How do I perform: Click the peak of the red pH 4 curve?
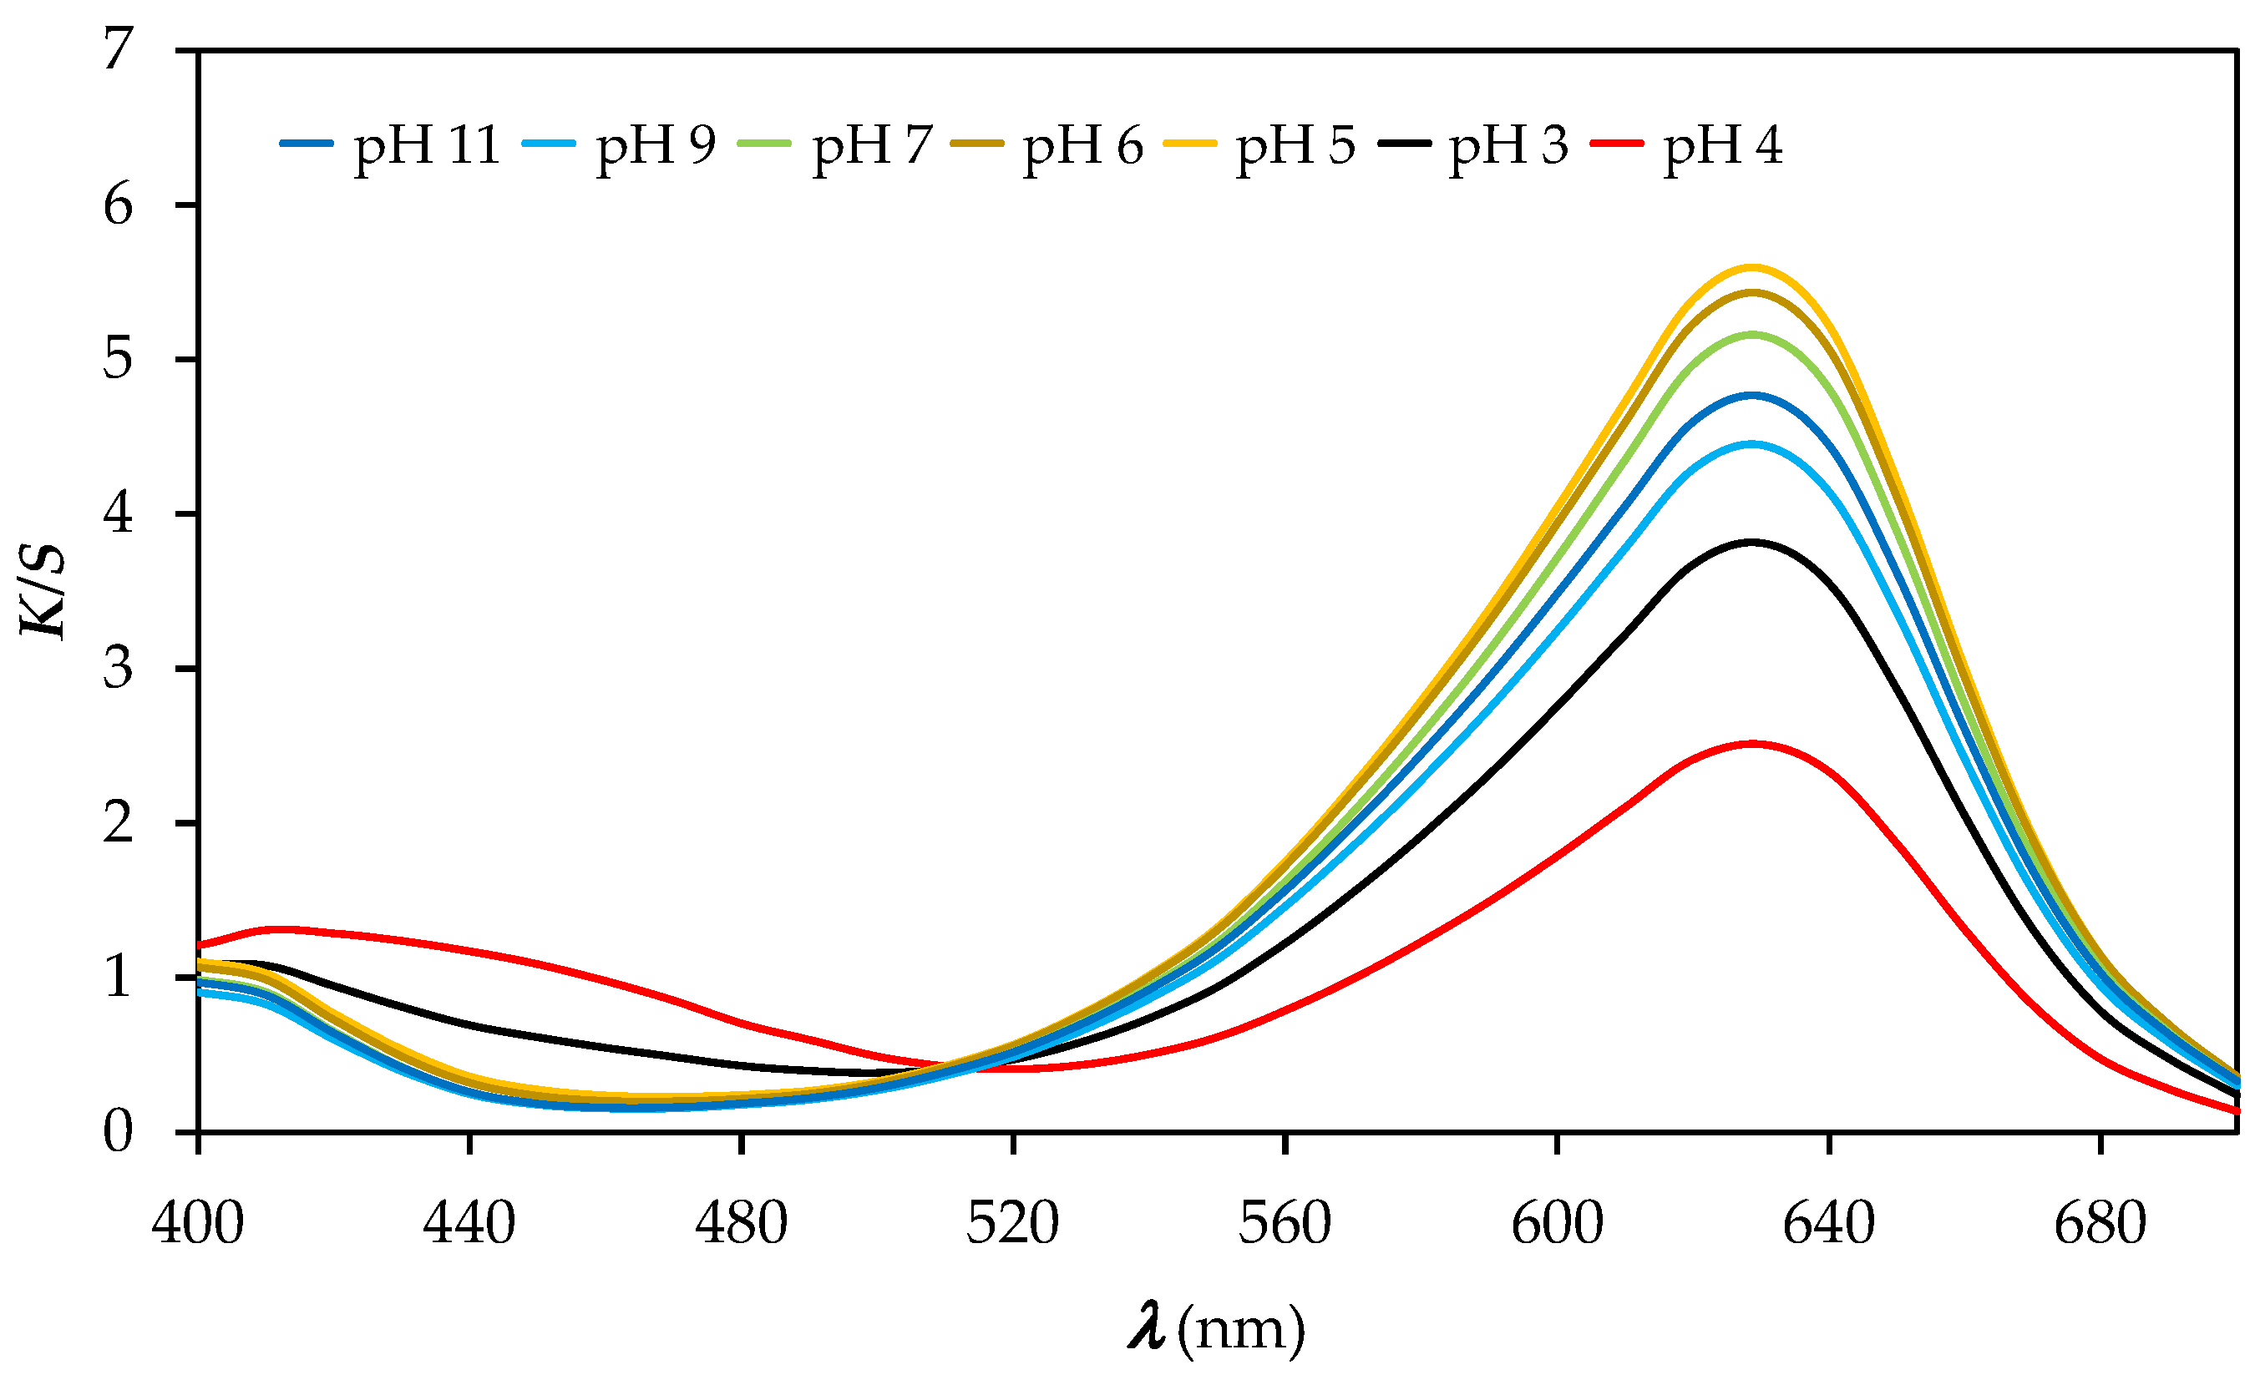coord(1752,744)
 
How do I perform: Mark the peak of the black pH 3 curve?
coord(1752,543)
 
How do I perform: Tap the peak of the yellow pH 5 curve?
coord(1752,266)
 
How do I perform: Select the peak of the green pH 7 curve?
coord(1752,334)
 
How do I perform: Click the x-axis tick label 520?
coord(1012,1224)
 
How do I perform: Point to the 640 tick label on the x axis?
coord(1829,1224)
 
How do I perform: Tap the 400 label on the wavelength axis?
coord(198,1224)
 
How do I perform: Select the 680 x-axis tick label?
coord(2100,1224)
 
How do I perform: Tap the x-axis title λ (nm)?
coord(1217,1330)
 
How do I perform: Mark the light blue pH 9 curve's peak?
coord(1752,443)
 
